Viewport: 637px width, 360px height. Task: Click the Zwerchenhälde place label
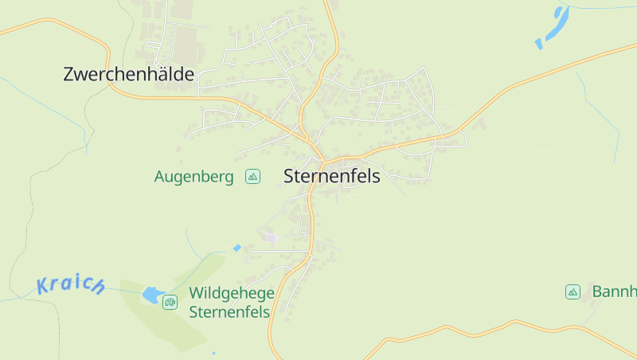[x=128, y=75]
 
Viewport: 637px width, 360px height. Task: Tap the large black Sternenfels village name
[x=332, y=177]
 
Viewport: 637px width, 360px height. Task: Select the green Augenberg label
[x=193, y=177]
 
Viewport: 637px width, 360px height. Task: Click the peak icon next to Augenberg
[x=252, y=176]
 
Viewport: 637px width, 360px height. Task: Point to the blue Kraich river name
[x=70, y=285]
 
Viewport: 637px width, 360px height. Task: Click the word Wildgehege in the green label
[x=232, y=293]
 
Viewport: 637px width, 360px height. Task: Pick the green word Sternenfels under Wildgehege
[x=229, y=311]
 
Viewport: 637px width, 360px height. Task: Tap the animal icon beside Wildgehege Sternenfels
[x=170, y=302]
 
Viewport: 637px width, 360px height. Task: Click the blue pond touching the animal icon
[x=151, y=295]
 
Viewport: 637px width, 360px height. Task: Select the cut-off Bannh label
[x=614, y=292]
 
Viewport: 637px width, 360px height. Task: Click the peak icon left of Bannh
[x=573, y=292]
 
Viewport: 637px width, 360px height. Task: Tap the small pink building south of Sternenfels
[x=271, y=237]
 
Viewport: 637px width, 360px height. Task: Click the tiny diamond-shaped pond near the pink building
[x=236, y=248]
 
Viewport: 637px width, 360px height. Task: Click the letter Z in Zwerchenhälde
[x=68, y=75]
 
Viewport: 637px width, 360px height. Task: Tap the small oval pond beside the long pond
[x=539, y=43]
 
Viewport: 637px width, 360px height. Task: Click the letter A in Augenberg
[x=159, y=177]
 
